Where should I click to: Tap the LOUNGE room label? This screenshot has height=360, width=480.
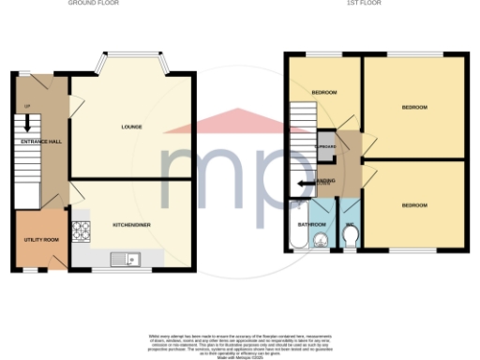[x=131, y=126]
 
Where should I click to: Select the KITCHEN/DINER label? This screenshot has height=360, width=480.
[x=132, y=225]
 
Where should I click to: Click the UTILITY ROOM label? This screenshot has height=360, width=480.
[x=40, y=240]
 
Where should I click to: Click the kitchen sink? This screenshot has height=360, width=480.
[x=124, y=259]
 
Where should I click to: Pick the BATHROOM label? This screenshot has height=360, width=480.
[x=311, y=225]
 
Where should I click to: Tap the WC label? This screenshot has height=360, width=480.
[x=349, y=225]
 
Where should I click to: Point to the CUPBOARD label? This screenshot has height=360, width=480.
[x=326, y=147]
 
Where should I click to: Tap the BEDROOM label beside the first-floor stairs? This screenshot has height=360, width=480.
[x=324, y=93]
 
